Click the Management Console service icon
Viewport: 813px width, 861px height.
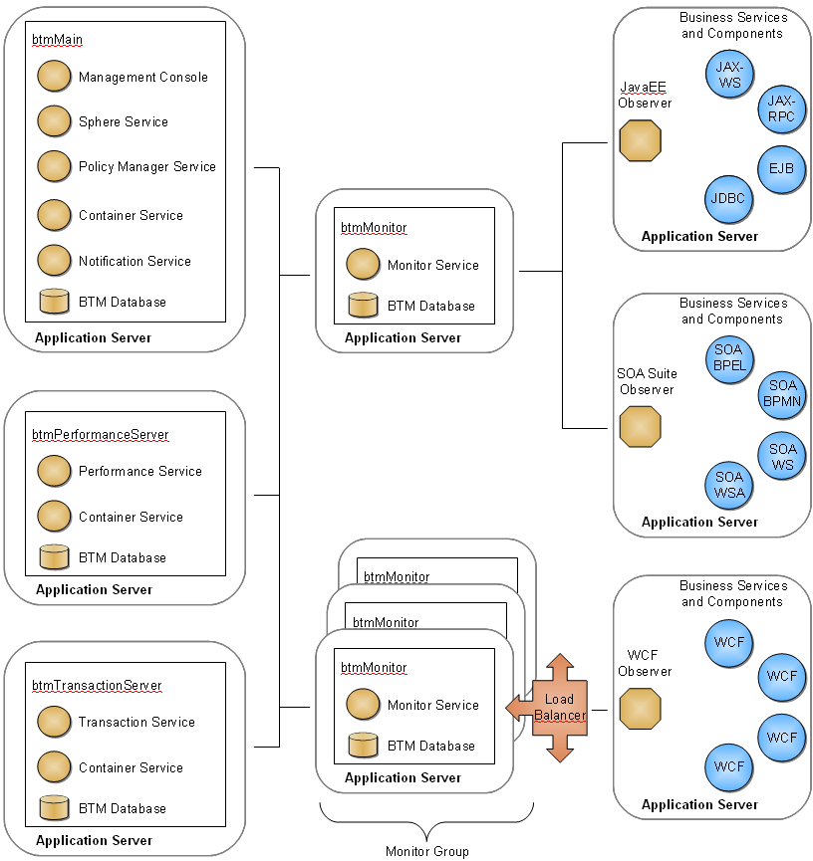point(54,77)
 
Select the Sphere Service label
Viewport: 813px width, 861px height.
point(124,121)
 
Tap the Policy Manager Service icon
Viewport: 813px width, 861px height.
point(54,166)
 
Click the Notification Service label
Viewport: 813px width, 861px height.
point(135,261)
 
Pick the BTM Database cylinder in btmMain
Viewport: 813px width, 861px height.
point(54,302)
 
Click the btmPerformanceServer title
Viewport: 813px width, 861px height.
point(101,435)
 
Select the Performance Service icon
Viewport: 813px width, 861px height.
point(54,471)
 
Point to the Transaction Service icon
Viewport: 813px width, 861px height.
point(54,722)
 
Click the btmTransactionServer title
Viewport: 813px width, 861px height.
point(97,686)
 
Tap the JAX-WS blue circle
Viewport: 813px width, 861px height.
point(729,75)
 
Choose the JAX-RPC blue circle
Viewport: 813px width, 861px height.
point(782,108)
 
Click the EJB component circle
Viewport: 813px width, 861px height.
point(782,167)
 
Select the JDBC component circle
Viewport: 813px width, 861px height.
point(728,198)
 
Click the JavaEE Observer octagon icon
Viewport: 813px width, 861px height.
point(641,141)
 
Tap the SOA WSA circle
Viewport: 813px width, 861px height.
point(728,485)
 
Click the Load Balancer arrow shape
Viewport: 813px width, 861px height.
point(559,708)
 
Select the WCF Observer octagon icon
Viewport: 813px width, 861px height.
point(641,709)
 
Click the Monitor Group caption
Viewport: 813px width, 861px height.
point(426,851)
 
